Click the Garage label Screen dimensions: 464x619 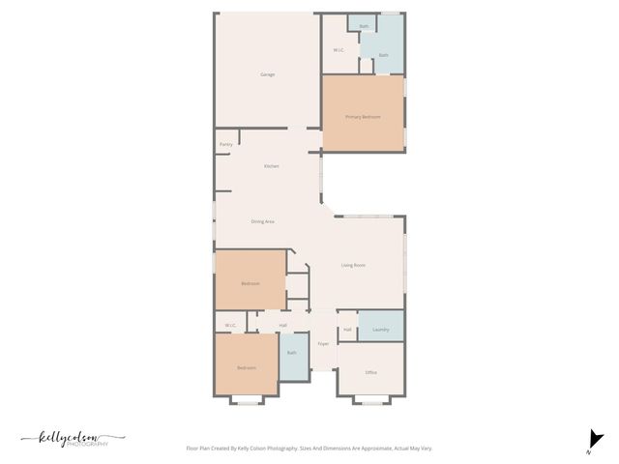[268, 74]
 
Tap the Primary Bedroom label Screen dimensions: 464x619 [363, 117]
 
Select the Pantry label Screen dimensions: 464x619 [225, 144]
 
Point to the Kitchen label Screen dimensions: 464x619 [272, 166]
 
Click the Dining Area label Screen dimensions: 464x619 [263, 221]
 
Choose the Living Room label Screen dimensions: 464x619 [353, 265]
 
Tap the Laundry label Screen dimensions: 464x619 [381, 330]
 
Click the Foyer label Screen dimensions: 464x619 [323, 343]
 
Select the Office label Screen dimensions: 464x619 [370, 372]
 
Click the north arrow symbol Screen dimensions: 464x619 [596, 439]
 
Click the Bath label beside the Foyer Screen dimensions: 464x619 [291, 353]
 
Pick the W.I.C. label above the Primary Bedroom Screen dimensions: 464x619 [339, 50]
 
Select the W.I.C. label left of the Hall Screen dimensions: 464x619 [230, 325]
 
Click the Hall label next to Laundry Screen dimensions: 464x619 [347, 330]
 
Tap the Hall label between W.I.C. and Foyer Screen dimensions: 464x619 [282, 325]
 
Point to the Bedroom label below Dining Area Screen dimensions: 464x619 [251, 283]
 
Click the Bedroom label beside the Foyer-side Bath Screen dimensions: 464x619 [247, 367]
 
